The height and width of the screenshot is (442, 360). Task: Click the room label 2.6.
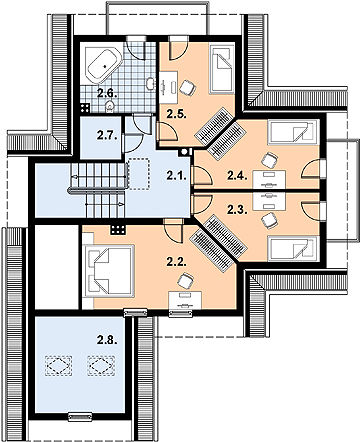107,93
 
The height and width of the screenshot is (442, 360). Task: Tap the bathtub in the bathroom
104,65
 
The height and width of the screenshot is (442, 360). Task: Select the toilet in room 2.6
109,106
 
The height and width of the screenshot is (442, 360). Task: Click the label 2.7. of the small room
107,136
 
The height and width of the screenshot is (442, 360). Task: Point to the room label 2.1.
176,176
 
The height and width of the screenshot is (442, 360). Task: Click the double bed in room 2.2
109,270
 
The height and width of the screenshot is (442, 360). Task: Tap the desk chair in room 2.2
185,281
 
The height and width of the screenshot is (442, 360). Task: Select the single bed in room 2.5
220,69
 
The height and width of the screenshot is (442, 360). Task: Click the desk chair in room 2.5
187,87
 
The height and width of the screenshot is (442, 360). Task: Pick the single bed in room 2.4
292,131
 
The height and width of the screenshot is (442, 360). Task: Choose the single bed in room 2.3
292,247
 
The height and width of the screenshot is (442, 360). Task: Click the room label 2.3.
237,210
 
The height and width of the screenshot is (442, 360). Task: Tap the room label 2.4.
237,175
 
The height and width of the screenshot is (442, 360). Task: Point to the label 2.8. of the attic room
107,340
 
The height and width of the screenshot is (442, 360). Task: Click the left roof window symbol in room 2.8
59,366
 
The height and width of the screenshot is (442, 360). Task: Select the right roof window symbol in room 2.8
101,366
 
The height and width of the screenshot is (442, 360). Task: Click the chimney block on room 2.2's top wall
119,229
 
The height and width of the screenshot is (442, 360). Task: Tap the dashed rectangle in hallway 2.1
139,174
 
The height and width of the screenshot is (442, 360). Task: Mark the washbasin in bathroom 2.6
151,84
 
